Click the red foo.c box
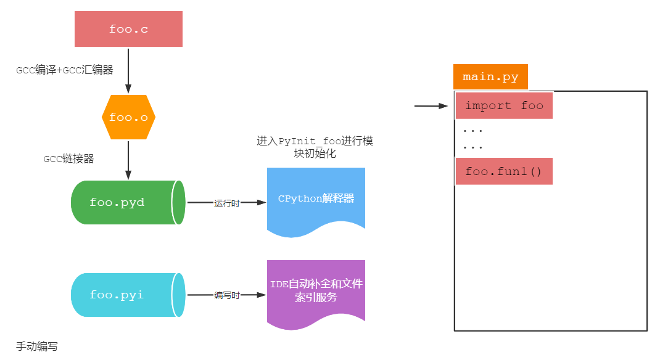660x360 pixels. coord(128,29)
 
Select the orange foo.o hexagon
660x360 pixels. coord(128,117)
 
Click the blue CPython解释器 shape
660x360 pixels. coord(316,198)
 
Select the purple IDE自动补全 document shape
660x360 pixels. coord(316,290)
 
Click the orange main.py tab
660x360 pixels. coord(490,77)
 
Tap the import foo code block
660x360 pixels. coord(504,105)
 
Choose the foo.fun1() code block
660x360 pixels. coord(504,171)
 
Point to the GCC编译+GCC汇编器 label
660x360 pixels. coord(65,70)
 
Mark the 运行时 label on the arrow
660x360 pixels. coord(226,203)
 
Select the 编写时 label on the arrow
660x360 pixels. coord(226,295)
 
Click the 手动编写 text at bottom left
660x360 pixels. coord(37,346)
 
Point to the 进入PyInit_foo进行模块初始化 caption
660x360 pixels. coord(315,147)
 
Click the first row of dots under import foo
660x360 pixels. coord(472,131)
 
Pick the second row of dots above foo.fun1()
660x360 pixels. coord(472,147)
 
